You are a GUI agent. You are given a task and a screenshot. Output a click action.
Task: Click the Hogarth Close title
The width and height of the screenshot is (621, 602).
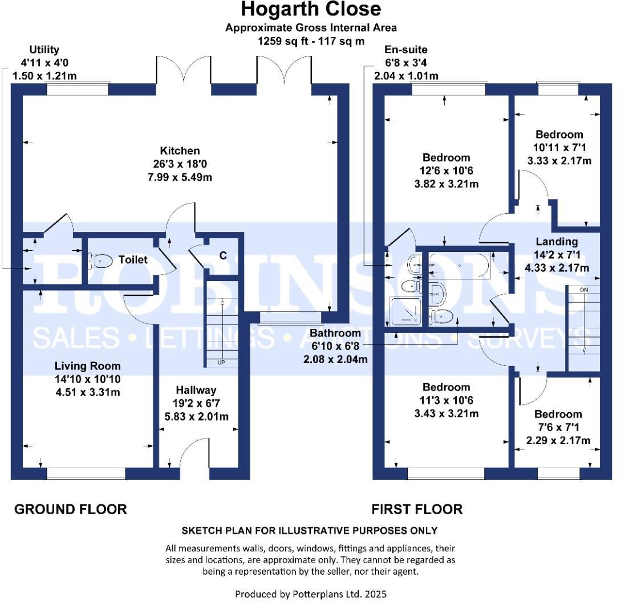[x=311, y=10]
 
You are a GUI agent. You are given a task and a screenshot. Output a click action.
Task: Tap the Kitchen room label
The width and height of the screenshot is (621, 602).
[x=180, y=151]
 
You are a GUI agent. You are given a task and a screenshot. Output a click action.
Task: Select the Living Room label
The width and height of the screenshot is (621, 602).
[x=87, y=366]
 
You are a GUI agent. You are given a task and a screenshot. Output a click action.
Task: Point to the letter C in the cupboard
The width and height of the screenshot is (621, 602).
[x=223, y=255]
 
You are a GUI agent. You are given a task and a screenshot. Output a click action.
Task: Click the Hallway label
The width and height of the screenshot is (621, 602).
[x=196, y=391]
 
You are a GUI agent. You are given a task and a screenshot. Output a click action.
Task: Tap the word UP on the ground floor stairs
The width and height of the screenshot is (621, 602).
[x=220, y=362]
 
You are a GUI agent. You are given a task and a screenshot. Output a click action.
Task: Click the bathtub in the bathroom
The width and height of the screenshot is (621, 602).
[x=460, y=266]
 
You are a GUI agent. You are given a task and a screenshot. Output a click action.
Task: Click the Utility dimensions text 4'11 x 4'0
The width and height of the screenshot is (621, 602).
[x=44, y=63]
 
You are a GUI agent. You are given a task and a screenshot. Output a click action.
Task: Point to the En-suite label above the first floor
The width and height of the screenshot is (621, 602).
[x=405, y=50]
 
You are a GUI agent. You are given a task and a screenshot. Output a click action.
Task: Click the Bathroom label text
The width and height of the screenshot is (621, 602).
[x=335, y=333]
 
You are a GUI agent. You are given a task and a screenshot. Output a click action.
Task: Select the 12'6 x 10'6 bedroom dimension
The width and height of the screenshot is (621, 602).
[x=446, y=170]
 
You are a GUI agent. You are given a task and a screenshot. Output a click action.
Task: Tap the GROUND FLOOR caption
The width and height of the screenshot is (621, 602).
[x=70, y=509]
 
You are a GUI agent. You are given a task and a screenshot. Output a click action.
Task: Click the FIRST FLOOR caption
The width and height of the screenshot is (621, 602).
[x=417, y=509]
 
